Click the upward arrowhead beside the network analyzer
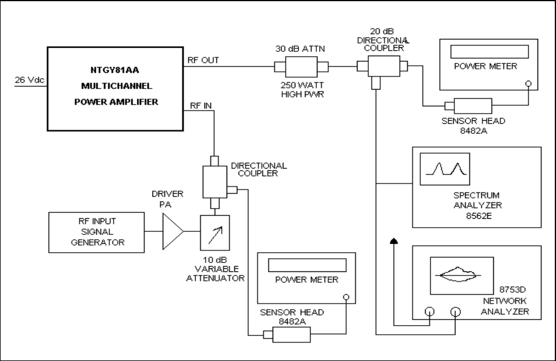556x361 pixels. click(393, 241)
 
